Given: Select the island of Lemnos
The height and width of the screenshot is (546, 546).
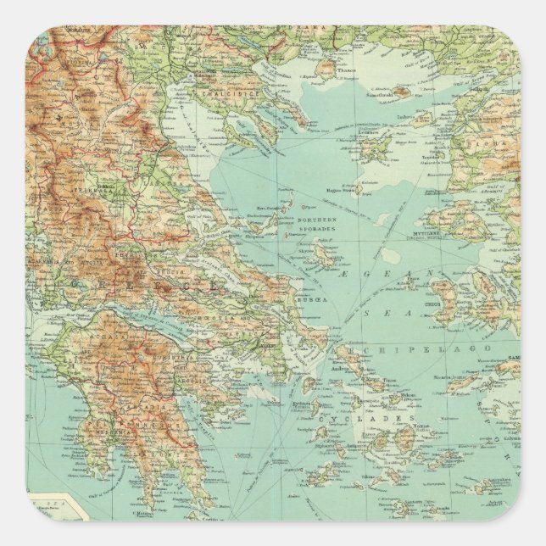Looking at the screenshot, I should (374, 146).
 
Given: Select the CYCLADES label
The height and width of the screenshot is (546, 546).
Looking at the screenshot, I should (365, 418).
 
